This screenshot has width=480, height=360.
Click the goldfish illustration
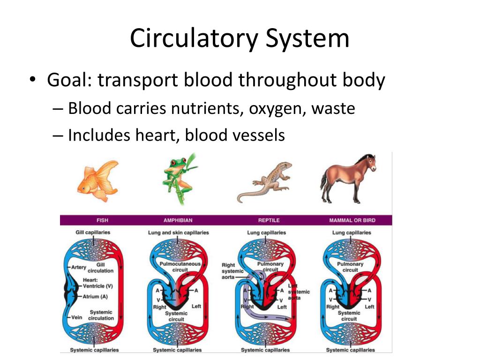(x=98, y=181)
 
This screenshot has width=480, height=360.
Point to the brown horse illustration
(x=347, y=179)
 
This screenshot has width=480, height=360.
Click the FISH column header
(x=102, y=220)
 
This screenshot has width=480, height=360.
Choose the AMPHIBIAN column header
(x=178, y=220)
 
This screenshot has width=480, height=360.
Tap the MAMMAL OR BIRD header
(x=352, y=220)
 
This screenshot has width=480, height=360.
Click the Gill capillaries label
(x=93, y=232)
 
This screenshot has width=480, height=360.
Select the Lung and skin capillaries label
(x=178, y=232)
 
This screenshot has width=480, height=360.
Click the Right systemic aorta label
(x=232, y=271)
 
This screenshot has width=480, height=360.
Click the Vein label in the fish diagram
(x=76, y=317)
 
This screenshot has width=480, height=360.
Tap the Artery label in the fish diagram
(x=79, y=268)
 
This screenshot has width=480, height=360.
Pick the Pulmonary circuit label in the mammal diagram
(x=350, y=267)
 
